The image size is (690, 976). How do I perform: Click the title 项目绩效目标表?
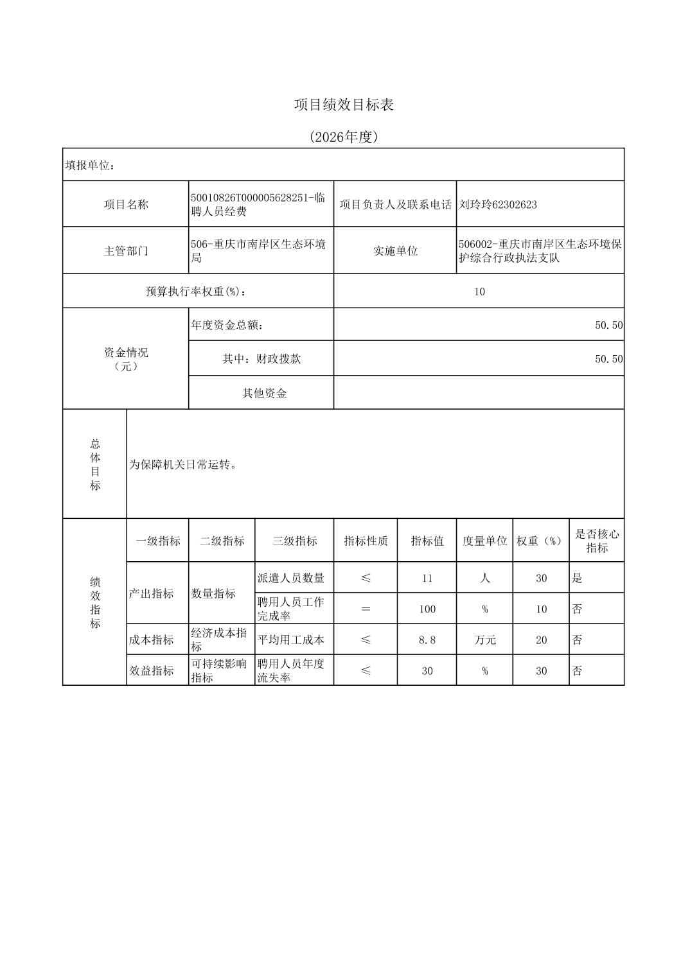[x=344, y=105]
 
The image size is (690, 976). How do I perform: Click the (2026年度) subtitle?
[x=344, y=137]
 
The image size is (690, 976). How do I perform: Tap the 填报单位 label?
[x=89, y=165]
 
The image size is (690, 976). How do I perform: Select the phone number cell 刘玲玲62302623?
[x=498, y=205]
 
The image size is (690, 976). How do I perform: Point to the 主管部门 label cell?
[x=126, y=250]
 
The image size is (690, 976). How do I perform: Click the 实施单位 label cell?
[x=395, y=250]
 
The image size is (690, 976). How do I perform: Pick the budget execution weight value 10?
[x=479, y=292]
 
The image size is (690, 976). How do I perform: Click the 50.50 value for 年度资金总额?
[x=608, y=325]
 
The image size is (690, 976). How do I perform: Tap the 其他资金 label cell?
[x=264, y=393]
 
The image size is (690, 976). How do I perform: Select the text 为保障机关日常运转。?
[x=184, y=464]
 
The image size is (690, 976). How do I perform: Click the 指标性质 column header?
[x=366, y=541]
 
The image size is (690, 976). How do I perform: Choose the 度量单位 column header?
[x=484, y=541]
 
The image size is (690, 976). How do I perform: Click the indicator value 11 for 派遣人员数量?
[x=427, y=578]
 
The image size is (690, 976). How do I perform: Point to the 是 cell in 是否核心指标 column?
[x=578, y=578]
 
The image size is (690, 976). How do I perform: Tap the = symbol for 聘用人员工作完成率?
[x=366, y=609]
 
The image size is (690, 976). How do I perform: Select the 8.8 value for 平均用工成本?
[x=427, y=640]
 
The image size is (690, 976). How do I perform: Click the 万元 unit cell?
[x=484, y=640]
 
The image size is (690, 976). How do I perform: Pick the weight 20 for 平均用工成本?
[x=541, y=640]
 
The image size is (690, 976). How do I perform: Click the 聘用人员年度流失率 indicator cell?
[x=291, y=670]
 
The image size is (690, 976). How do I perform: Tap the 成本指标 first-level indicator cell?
[x=152, y=640]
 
